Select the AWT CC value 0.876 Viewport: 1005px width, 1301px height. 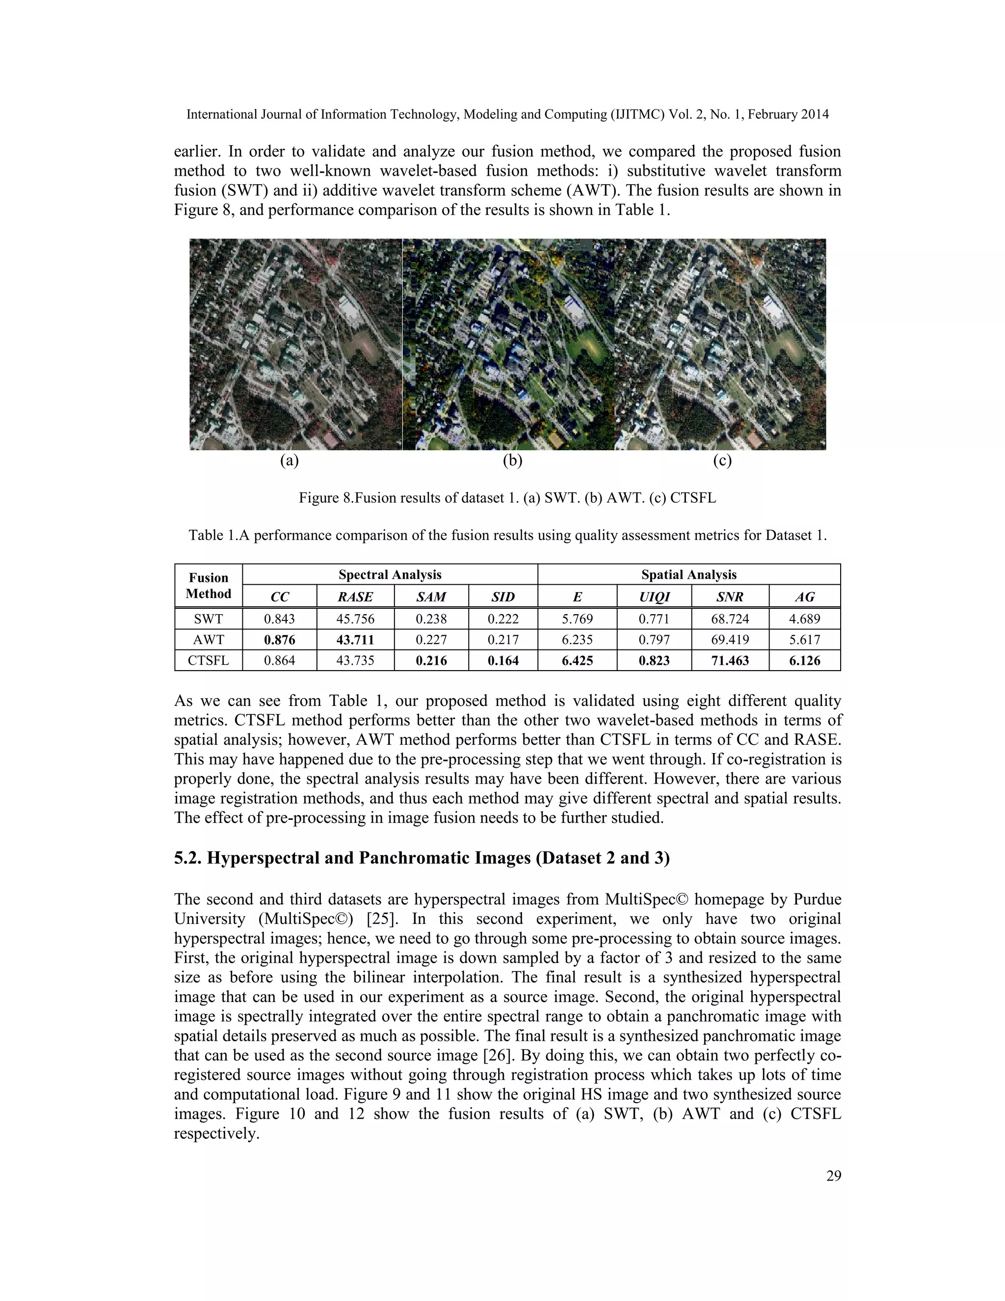279,639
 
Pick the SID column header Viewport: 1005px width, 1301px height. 503,597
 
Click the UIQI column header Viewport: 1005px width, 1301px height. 654,597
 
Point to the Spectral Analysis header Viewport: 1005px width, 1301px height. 390,574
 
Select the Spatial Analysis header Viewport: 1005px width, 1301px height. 689,574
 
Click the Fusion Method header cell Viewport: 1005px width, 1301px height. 209,586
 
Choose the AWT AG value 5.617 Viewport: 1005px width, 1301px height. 804,639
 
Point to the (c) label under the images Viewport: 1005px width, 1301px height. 722,460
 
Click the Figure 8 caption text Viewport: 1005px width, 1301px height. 507,497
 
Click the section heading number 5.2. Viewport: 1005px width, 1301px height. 187,858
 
